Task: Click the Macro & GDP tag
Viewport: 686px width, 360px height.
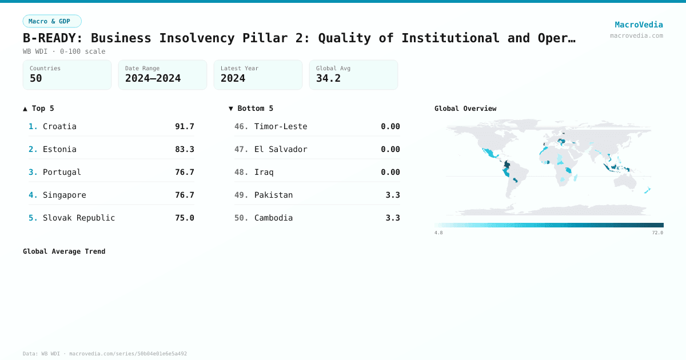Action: click(x=52, y=21)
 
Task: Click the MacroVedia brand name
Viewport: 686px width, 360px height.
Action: click(x=639, y=25)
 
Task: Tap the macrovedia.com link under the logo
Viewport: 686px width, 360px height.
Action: click(x=636, y=35)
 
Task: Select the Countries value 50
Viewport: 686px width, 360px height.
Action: click(x=36, y=78)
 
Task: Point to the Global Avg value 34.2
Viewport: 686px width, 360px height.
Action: click(x=328, y=78)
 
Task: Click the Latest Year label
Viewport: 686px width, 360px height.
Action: click(x=240, y=68)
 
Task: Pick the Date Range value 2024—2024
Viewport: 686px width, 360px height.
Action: click(x=153, y=78)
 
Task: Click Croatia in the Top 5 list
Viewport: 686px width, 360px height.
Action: click(x=59, y=126)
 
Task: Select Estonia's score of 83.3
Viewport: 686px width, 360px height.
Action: click(x=185, y=149)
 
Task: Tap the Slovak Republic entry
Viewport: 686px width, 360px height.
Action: click(x=79, y=218)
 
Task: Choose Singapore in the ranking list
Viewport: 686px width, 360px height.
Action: click(x=65, y=195)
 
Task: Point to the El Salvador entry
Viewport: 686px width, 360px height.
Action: click(x=281, y=149)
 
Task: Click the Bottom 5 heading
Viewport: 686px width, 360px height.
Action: click(x=251, y=108)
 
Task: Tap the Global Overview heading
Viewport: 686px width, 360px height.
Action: click(x=465, y=108)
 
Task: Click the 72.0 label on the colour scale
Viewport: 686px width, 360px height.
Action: click(x=657, y=233)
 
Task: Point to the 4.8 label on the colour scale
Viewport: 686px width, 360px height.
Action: click(x=438, y=233)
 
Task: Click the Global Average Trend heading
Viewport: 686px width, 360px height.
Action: click(x=64, y=251)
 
